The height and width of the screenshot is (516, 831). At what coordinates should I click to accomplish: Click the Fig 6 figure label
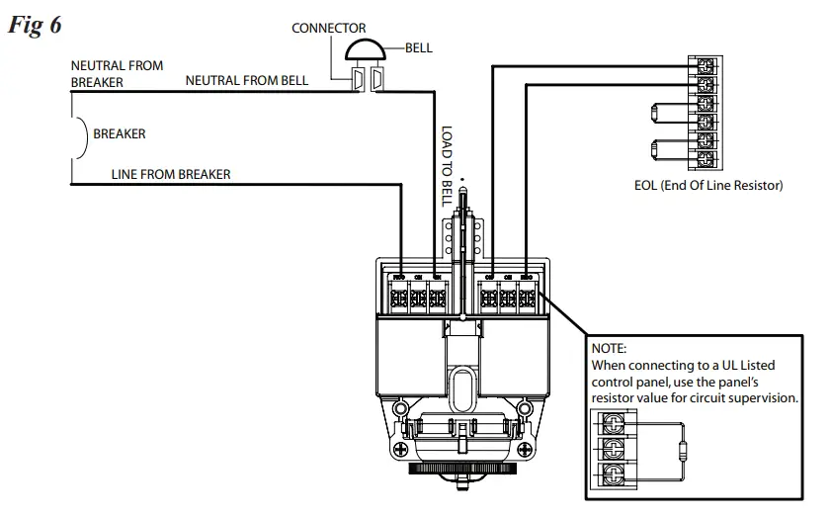pyautogui.click(x=36, y=25)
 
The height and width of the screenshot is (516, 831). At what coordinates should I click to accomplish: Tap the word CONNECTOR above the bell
pyautogui.click(x=328, y=28)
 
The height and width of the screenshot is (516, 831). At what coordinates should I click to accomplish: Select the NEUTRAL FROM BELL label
pyautogui.click(x=246, y=80)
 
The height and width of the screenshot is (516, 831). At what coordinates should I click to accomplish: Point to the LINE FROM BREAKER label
pyautogui.click(x=171, y=174)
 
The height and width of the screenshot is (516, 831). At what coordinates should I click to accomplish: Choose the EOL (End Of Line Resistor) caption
pyautogui.click(x=708, y=185)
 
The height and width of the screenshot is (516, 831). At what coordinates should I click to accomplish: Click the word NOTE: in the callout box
pyautogui.click(x=609, y=349)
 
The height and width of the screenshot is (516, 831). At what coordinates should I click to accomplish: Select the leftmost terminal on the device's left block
pyautogui.click(x=399, y=295)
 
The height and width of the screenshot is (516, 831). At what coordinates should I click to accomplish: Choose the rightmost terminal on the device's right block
pyautogui.click(x=527, y=295)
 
